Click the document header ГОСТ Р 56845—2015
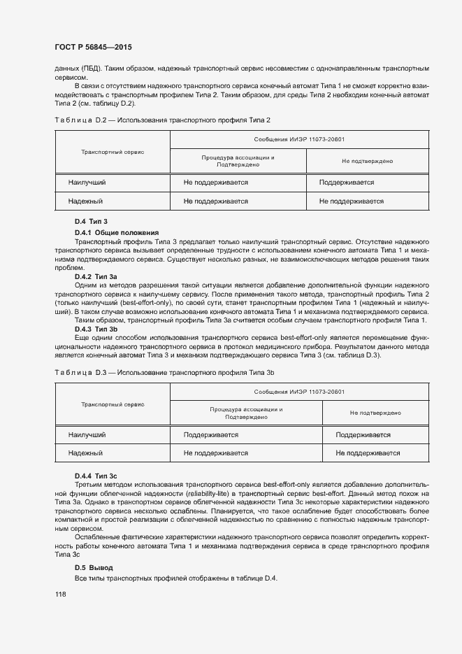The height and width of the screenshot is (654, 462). click(x=92, y=48)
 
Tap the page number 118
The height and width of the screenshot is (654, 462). click(x=61, y=594)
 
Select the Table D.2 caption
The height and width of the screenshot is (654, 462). click(x=162, y=120)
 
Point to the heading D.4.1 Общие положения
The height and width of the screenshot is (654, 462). click(x=117, y=232)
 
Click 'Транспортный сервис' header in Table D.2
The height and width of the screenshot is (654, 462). click(x=113, y=151)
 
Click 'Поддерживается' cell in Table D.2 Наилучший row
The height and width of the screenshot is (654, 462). click(x=347, y=183)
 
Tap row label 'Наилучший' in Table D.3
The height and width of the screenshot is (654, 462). click(x=87, y=435)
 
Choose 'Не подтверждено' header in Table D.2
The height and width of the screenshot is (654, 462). click(x=367, y=161)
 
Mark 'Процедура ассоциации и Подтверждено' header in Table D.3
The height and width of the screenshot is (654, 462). click(x=245, y=413)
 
